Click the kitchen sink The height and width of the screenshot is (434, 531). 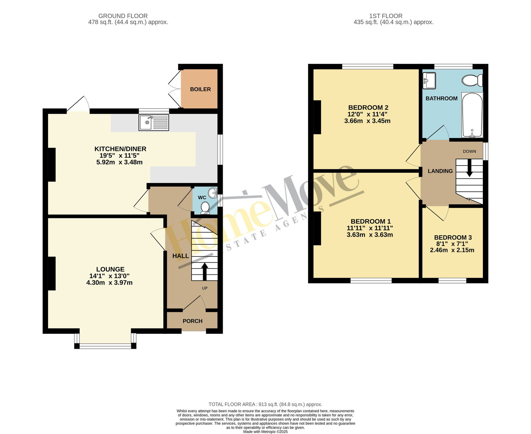[x=154, y=122]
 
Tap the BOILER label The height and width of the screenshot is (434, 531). [x=200, y=89]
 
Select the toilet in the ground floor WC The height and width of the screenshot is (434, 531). [x=205, y=208]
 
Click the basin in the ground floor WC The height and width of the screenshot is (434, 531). [x=213, y=193]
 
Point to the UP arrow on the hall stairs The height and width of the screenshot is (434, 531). [x=204, y=271]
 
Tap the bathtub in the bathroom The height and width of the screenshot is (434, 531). [x=472, y=115]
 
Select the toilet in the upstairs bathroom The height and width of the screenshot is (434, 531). [x=472, y=80]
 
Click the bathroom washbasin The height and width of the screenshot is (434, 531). [x=429, y=81]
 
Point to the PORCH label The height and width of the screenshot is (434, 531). [x=192, y=321]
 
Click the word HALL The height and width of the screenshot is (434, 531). [x=181, y=256]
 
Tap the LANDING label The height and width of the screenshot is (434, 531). [x=440, y=171]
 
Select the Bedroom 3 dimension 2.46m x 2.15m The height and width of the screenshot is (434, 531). [x=452, y=250]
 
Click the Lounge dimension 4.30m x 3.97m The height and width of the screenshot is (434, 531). [x=109, y=282]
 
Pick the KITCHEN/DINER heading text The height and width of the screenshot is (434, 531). [x=120, y=149]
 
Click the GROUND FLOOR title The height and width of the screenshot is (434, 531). [x=123, y=16]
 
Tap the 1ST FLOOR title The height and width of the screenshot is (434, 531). [x=386, y=16]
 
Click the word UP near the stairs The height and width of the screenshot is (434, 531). [x=205, y=288]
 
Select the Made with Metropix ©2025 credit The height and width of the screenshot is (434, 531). [x=265, y=431]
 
